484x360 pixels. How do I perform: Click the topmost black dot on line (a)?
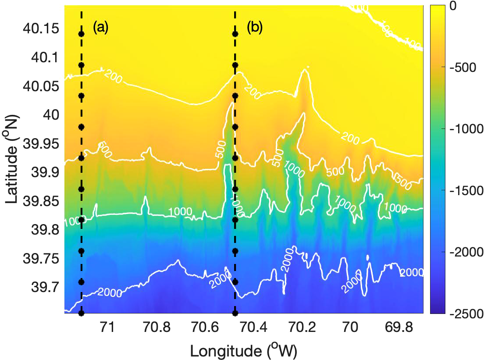coord(81,34)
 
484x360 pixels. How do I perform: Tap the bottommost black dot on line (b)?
coord(235,313)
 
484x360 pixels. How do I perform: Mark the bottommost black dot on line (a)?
coord(81,313)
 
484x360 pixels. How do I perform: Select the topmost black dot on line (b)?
coord(235,34)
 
